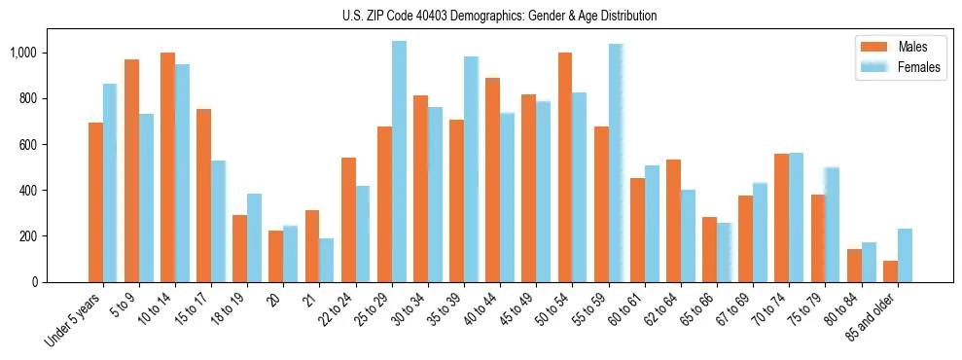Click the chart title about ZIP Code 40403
pyautogui.click(x=499, y=16)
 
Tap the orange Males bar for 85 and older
pyautogui.click(x=891, y=271)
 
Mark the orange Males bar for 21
pyautogui.click(x=312, y=246)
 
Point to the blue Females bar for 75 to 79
pyautogui.click(x=833, y=225)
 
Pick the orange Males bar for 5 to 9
pyautogui.click(x=131, y=171)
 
